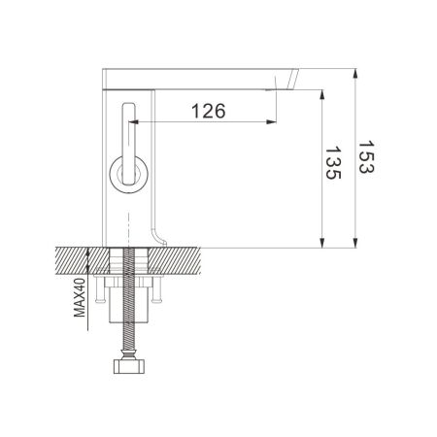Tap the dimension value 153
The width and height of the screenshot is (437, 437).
coord(366,155)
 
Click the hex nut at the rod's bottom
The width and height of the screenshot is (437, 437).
coord(127,367)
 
